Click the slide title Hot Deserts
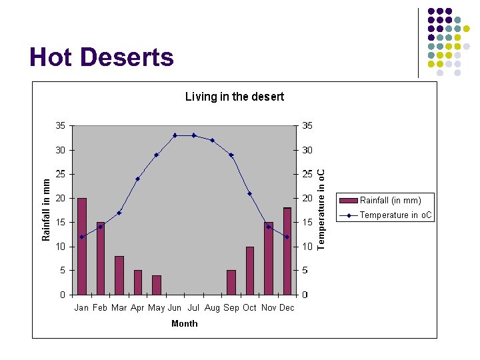pos(101,57)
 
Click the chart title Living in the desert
pos(234,97)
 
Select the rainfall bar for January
pos(82,247)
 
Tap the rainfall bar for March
pos(119,275)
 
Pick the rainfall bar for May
pos(157,285)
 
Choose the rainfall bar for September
pos(231,282)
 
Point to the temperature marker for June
pos(175,135)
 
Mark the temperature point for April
pos(137,179)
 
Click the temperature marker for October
pos(249,193)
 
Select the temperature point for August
pos(212,140)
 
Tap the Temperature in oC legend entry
pos(395,215)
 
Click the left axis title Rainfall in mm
pos(46,209)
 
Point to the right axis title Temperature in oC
pos(321,209)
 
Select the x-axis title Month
pos(184,323)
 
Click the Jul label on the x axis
pos(194,307)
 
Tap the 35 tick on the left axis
pos(60,125)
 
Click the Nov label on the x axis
pos(269,307)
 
